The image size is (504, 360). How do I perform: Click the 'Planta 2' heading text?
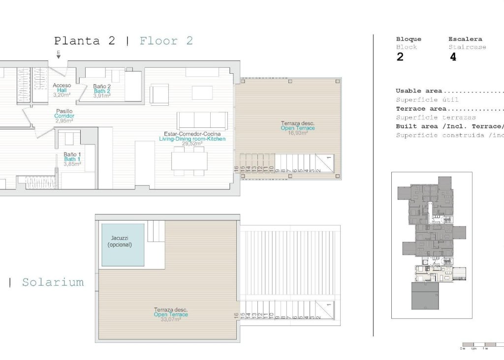click(84, 41)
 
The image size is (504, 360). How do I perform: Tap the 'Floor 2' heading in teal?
click(166, 41)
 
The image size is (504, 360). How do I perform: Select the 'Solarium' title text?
click(53, 282)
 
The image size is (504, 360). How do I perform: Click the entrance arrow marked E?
click(59, 55)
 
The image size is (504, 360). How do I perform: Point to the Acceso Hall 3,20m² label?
click(62, 90)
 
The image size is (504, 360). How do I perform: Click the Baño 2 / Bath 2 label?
click(102, 91)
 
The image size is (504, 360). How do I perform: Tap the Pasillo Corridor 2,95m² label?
click(64, 116)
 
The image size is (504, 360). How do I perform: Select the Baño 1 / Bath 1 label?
click(72, 159)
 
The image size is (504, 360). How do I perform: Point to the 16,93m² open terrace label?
click(298, 128)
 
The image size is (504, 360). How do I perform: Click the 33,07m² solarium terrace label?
click(171, 314)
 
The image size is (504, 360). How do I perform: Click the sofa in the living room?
click(202, 120)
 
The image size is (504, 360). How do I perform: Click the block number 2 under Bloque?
click(400, 57)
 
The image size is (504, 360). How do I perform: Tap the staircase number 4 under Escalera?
click(453, 57)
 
